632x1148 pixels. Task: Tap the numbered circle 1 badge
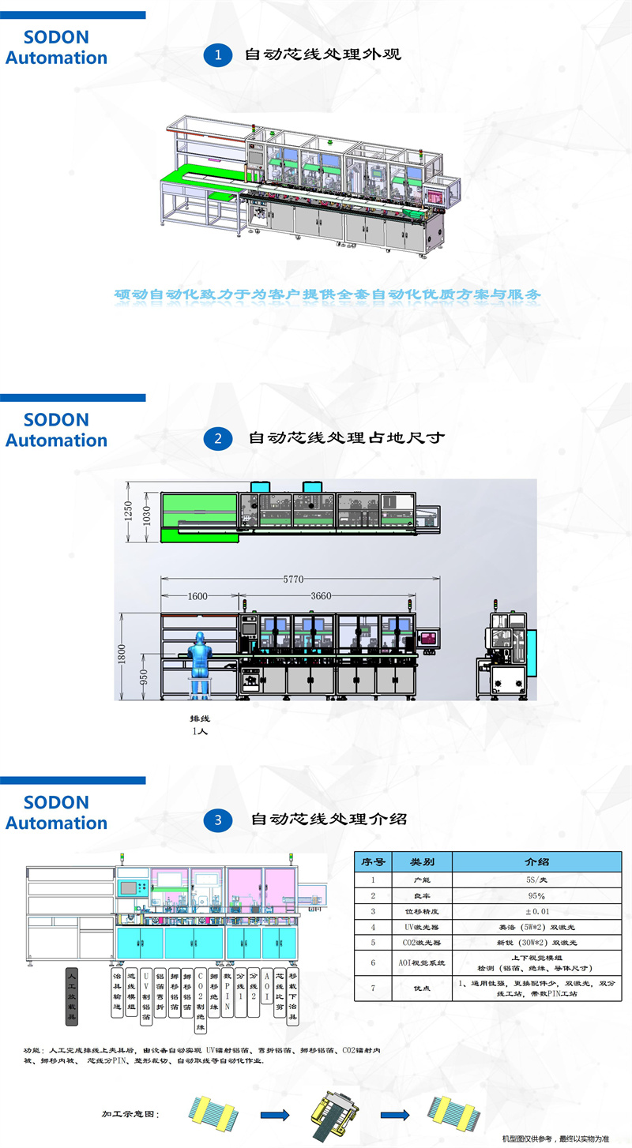[218, 54]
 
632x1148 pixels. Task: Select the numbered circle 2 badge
[218, 437]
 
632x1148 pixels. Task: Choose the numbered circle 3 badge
[218, 820]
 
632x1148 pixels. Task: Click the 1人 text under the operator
[201, 731]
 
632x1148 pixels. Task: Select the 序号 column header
[373, 861]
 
